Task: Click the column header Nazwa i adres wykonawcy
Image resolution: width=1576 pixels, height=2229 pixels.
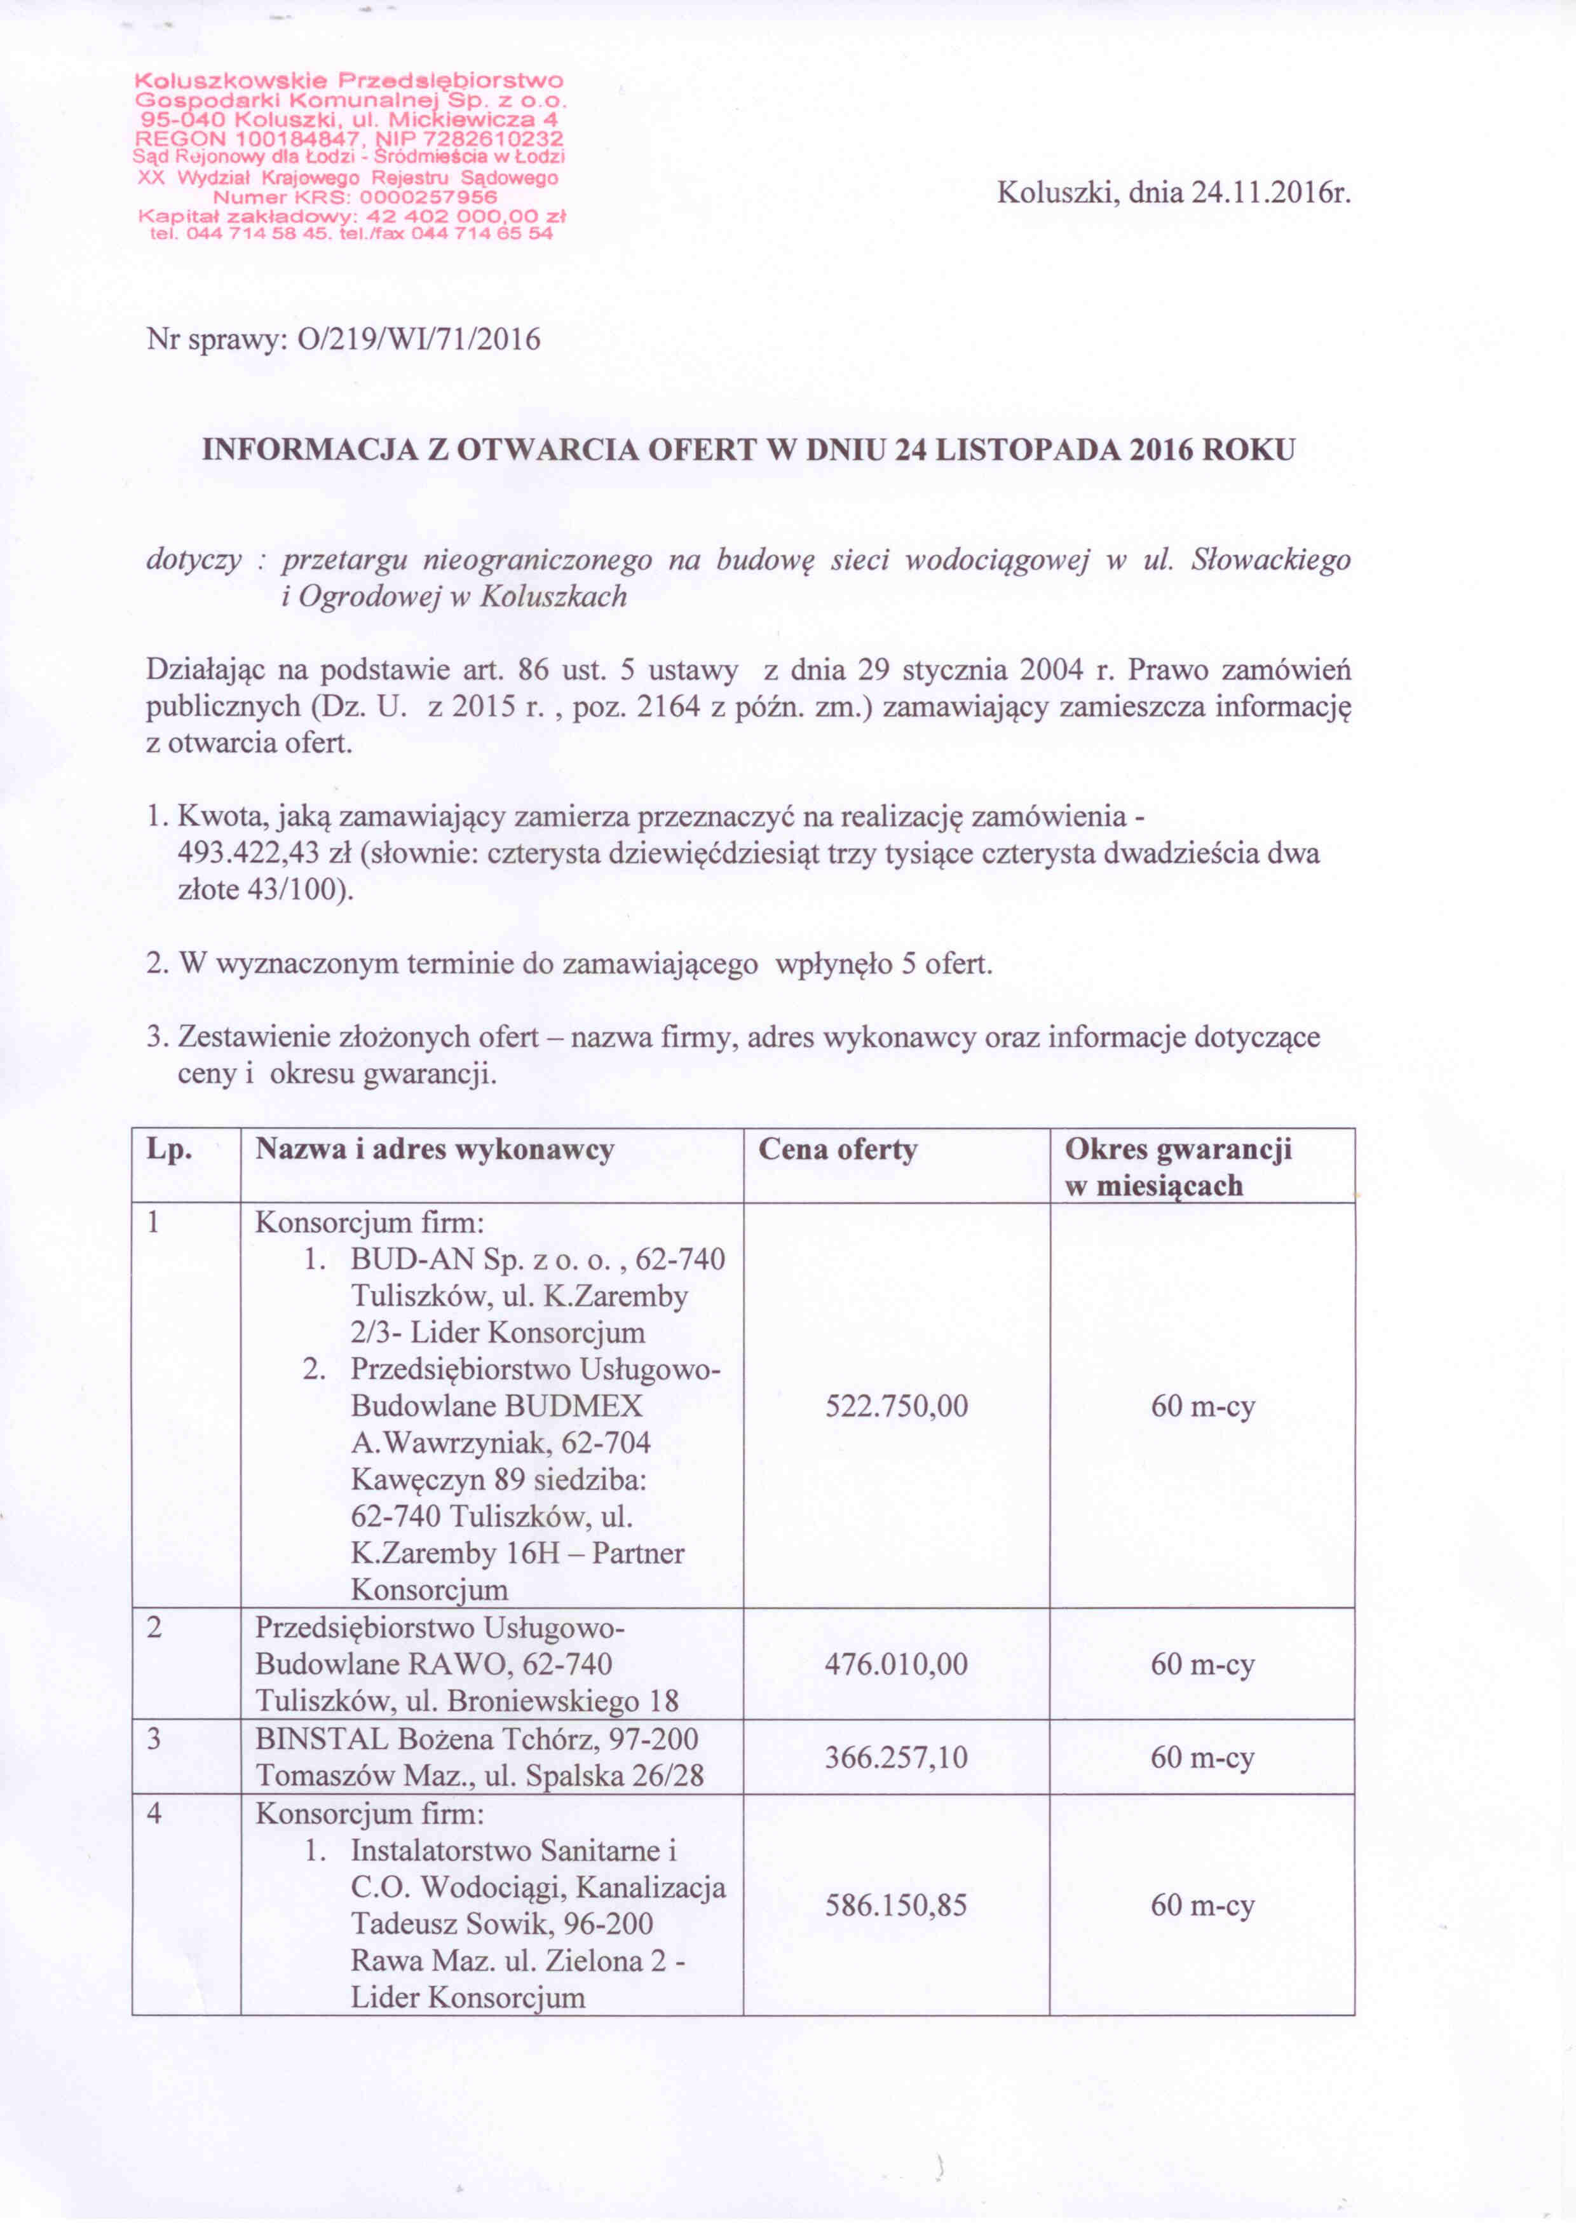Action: [435, 1150]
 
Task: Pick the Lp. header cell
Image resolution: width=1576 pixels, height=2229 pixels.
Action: [169, 1150]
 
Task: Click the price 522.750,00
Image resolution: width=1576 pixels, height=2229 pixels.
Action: [896, 1407]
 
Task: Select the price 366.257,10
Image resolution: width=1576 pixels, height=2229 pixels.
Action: [896, 1757]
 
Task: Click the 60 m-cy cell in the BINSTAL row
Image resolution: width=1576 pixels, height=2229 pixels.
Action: [1202, 1757]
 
